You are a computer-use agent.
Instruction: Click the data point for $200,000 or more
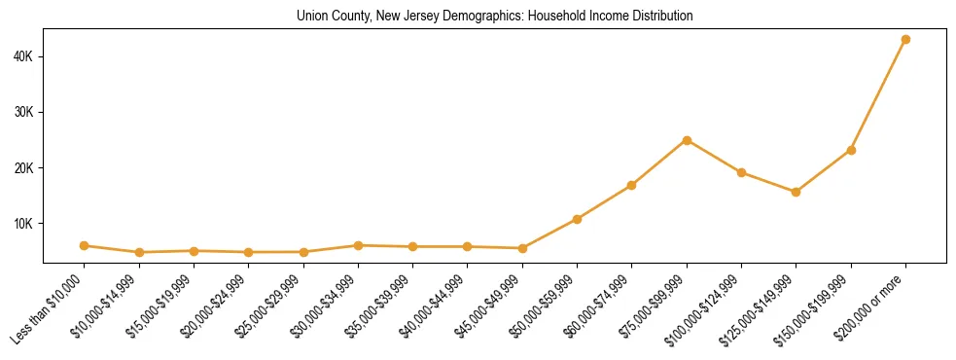[x=905, y=40]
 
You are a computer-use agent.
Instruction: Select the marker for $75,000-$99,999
[x=687, y=140]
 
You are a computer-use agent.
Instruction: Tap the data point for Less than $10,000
[x=85, y=246]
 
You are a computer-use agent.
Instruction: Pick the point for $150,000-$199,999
[x=851, y=150]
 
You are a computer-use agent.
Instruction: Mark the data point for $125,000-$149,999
[x=796, y=192]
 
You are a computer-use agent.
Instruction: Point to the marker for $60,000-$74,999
[x=632, y=185]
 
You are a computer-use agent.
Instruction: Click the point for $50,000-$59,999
[x=577, y=219]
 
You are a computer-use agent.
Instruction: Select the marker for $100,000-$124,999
[x=741, y=172]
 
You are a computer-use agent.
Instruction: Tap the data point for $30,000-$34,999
[x=358, y=245]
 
